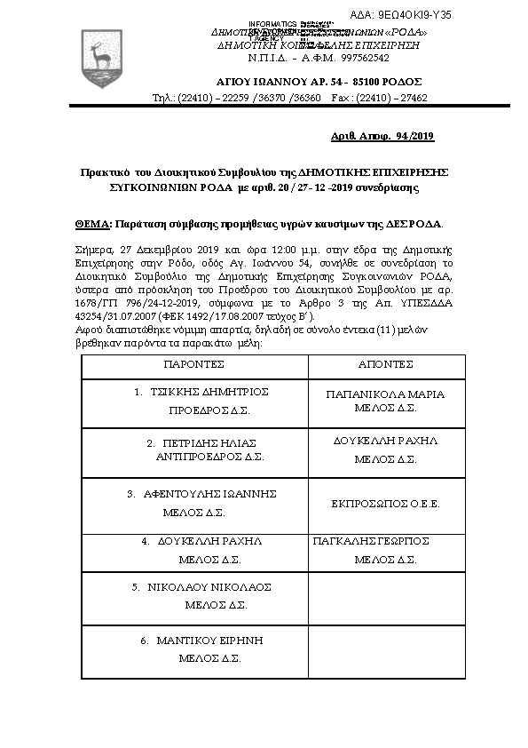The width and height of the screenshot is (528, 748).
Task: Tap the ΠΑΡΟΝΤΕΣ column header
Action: [193, 364]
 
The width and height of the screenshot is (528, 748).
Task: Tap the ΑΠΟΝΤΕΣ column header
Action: [385, 364]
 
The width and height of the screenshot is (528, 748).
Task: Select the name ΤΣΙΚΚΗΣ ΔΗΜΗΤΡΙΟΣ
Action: [208, 392]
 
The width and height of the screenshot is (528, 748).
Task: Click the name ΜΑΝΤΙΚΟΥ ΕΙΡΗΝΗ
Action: [209, 641]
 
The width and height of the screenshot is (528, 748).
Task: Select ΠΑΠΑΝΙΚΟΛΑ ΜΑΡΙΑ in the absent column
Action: [385, 394]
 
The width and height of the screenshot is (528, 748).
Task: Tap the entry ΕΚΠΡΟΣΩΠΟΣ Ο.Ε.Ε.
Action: [385, 504]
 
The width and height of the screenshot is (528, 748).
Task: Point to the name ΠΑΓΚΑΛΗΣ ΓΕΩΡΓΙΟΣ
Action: [372, 540]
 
